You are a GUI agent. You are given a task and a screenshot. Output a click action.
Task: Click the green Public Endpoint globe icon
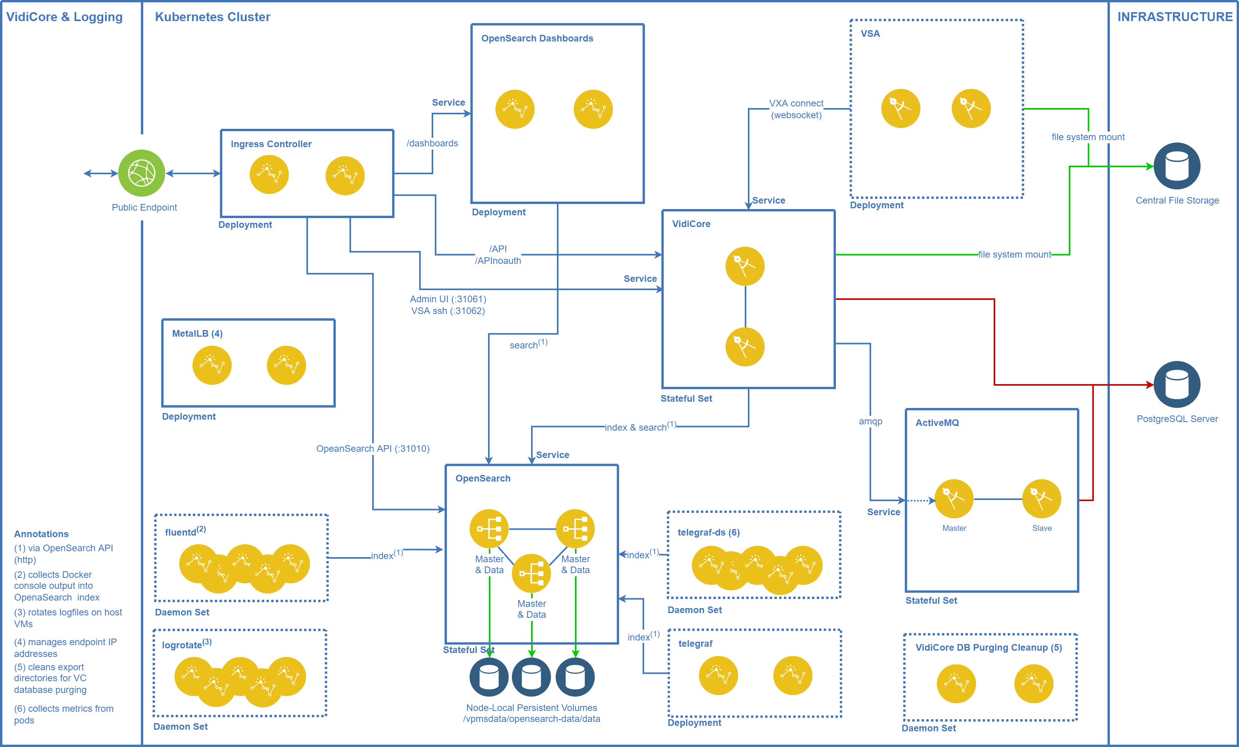(x=141, y=173)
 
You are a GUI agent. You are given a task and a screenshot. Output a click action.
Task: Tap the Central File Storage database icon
(x=1177, y=166)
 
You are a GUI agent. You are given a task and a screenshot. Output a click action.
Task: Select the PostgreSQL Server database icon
(x=1177, y=384)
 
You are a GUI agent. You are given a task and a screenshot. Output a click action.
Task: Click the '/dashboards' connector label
(x=432, y=143)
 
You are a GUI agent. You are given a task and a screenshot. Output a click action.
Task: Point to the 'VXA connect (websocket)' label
(x=796, y=109)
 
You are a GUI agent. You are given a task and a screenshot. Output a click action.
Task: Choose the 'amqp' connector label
(x=870, y=421)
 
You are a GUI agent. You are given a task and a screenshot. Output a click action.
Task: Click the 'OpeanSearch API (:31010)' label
(x=373, y=449)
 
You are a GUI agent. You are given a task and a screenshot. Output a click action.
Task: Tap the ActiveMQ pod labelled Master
(x=953, y=498)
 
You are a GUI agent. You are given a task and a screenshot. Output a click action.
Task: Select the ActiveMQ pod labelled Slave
(x=1041, y=498)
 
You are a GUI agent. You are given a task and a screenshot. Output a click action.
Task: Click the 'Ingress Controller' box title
(x=271, y=144)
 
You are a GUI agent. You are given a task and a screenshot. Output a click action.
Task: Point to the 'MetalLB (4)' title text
(x=197, y=334)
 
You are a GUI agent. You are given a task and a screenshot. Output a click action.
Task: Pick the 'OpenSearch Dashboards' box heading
(x=537, y=38)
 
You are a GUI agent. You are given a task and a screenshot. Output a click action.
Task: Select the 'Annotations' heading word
(x=41, y=534)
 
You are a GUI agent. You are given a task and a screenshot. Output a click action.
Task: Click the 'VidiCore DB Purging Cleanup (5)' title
(x=988, y=648)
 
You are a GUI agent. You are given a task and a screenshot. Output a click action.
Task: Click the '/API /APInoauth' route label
(x=498, y=254)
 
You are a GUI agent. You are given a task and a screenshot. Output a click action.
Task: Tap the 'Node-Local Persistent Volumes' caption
(x=531, y=708)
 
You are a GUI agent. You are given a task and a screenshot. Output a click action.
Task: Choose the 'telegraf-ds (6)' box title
(x=708, y=532)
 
